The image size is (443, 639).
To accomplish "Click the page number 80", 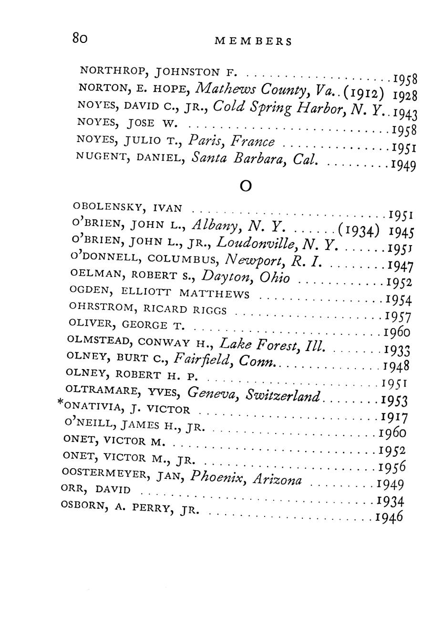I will (79, 38).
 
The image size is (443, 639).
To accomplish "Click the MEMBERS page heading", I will (253, 41).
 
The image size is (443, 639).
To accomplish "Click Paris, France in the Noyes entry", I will (232, 141).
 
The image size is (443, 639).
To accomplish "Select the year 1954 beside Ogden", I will (398, 300).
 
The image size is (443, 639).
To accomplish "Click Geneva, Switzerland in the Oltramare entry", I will (253, 393).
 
